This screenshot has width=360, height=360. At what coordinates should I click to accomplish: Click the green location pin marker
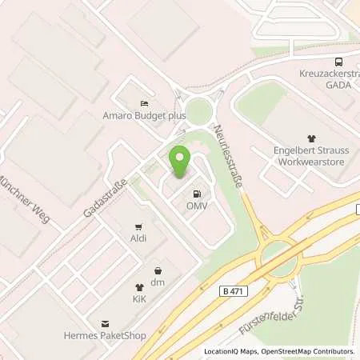click(x=180, y=161)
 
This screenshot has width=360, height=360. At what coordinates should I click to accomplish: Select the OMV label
click(x=196, y=206)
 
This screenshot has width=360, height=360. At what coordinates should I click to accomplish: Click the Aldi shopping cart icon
click(x=140, y=226)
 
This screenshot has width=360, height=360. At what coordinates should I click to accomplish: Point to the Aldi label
click(x=140, y=238)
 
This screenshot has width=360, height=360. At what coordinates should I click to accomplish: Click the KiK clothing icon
click(x=139, y=286)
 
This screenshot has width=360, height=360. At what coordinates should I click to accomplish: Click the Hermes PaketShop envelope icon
click(x=104, y=323)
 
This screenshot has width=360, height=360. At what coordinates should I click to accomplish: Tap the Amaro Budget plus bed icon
click(x=144, y=103)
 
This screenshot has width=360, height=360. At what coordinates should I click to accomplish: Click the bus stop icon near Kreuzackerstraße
click(x=338, y=61)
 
